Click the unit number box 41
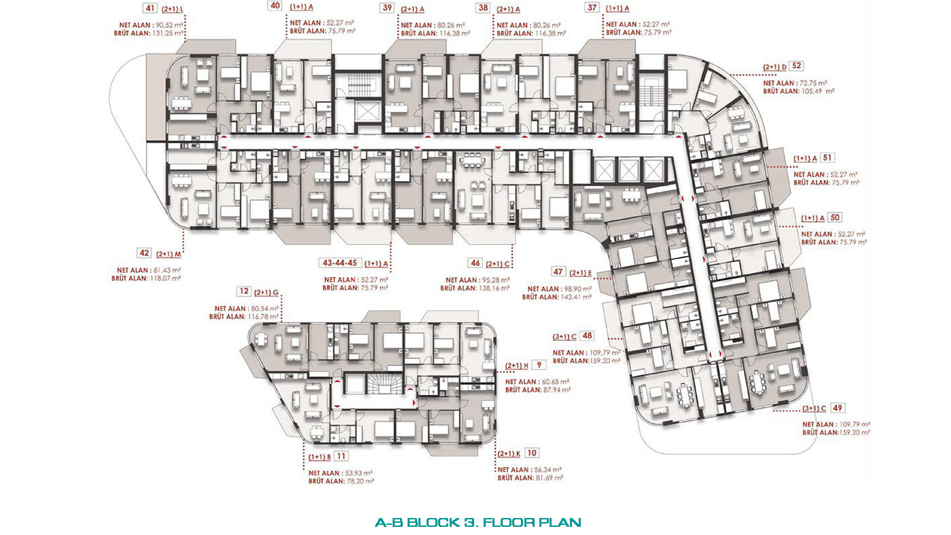(150, 8)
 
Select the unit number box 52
(796, 66)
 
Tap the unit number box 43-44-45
(340, 263)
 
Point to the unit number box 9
(539, 365)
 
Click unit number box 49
(837, 408)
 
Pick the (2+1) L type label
(173, 10)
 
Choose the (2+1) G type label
(266, 293)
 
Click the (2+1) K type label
(509, 454)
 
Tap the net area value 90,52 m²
(169, 25)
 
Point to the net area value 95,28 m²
(495, 280)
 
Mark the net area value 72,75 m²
(813, 83)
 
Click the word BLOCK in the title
(433, 522)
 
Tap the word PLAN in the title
(560, 522)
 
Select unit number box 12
(244, 291)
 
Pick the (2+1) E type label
(580, 273)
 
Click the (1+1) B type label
(320, 457)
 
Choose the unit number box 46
(475, 263)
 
